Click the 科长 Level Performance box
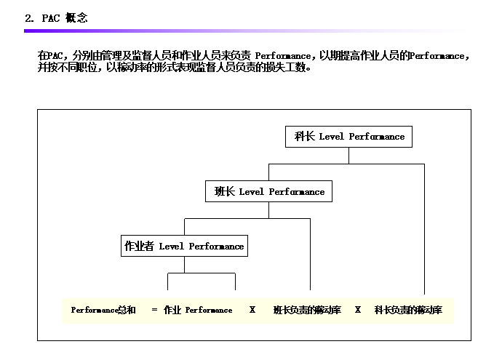[x=349, y=137]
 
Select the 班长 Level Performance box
[x=269, y=192]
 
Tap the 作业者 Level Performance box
[x=184, y=247]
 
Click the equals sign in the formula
[x=154, y=311]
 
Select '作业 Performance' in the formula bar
[x=198, y=311]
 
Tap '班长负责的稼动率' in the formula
[x=307, y=311]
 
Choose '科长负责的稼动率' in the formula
[x=408, y=311]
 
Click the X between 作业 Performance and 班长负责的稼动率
[x=252, y=311]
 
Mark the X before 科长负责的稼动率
[x=358, y=311]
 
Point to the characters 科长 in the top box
[x=304, y=137]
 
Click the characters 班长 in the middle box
[x=224, y=192]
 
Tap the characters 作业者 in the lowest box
[x=139, y=247]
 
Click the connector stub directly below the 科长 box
[x=349, y=156]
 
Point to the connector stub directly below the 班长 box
[x=269, y=210]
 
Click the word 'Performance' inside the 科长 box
[x=377, y=137]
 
